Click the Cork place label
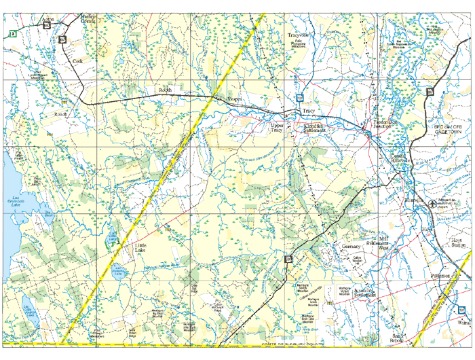(77, 60)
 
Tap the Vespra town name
(234, 99)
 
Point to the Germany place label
(351, 246)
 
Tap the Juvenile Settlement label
(365, 293)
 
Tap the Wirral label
(463, 323)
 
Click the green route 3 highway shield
(12, 33)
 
